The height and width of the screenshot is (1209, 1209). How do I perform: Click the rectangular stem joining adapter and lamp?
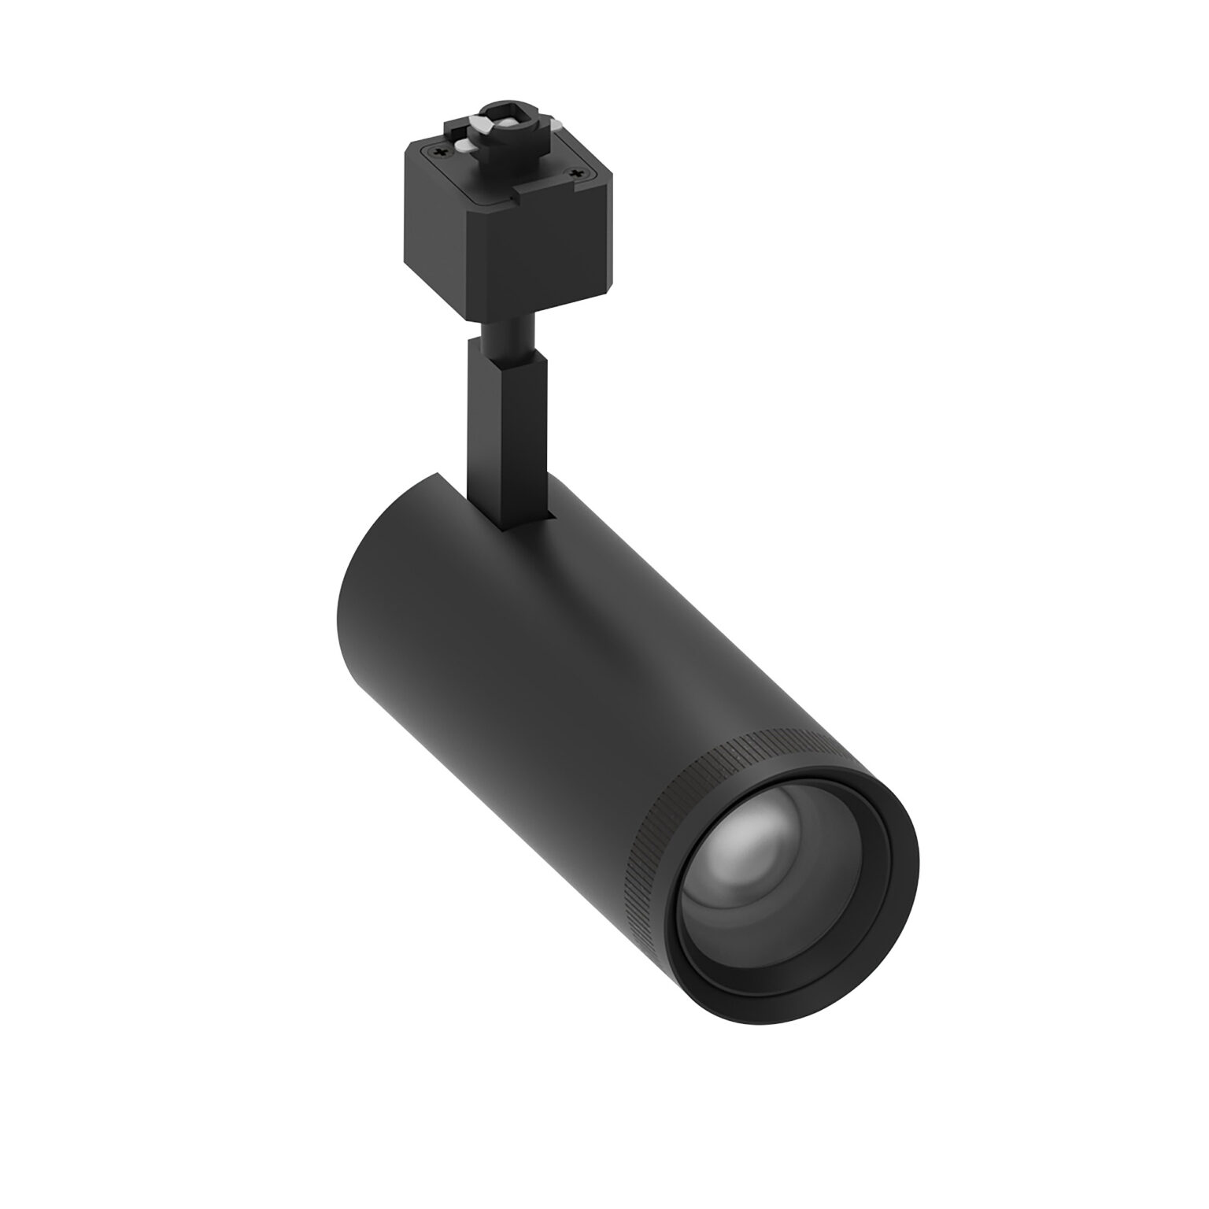[x=504, y=441]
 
